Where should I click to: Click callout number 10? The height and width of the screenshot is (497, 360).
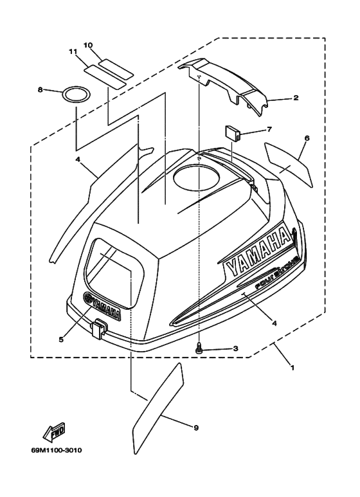(x=88, y=45)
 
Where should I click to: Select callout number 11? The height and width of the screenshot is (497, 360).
(x=73, y=51)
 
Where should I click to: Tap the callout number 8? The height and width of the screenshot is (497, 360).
(x=40, y=90)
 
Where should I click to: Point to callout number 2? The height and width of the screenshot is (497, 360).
(x=296, y=98)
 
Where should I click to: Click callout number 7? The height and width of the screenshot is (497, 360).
(x=269, y=129)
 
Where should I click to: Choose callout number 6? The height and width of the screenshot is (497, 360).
(x=307, y=138)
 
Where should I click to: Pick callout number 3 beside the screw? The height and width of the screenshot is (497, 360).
(x=235, y=348)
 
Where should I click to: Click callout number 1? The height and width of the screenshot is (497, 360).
(x=292, y=368)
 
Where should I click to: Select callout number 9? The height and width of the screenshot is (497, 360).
(x=196, y=428)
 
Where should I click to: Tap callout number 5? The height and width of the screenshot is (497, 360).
(x=61, y=339)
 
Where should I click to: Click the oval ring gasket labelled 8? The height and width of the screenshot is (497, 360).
(x=76, y=95)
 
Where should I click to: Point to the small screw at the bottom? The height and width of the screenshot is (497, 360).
(x=199, y=347)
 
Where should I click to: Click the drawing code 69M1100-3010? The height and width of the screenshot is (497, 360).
(x=57, y=450)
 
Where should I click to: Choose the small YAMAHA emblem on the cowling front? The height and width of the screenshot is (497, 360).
(x=102, y=306)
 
